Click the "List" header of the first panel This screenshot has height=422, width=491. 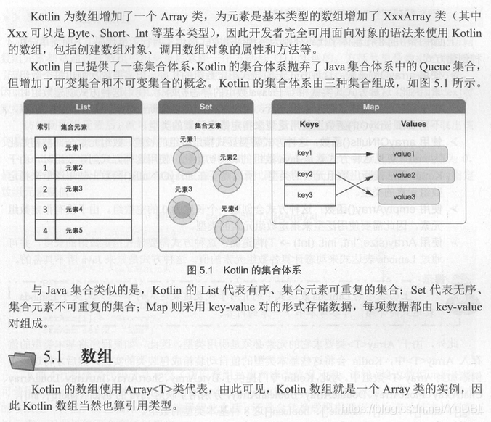coord(83,107)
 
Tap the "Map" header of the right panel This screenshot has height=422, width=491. coord(370,107)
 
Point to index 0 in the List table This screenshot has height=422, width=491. coord(45,148)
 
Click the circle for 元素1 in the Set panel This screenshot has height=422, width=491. coord(188,158)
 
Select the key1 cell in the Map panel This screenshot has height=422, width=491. coord(305,154)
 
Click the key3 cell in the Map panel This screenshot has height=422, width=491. coord(305,195)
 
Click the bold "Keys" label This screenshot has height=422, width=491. coord(309,125)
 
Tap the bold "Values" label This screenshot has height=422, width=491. coord(413,125)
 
